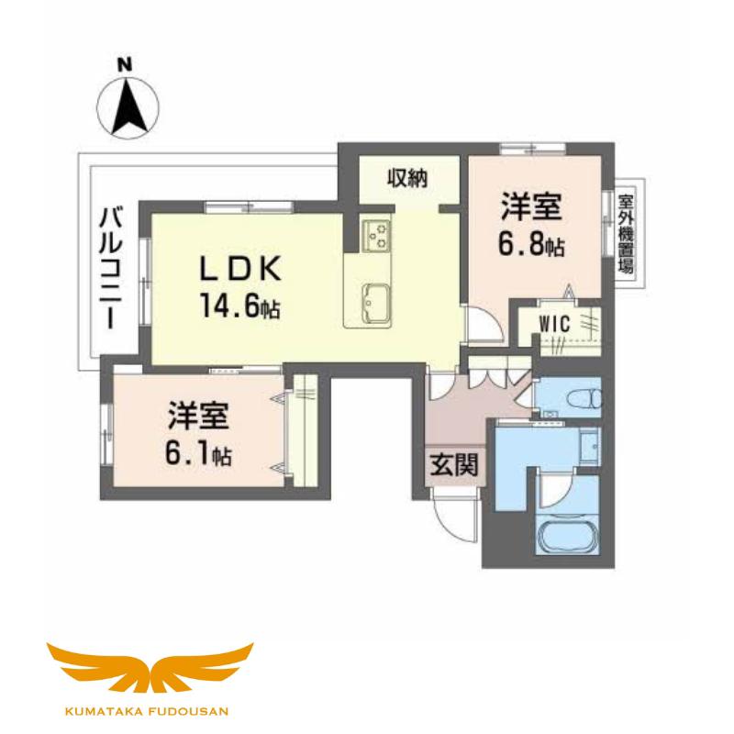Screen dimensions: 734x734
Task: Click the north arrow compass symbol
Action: coord(128,107)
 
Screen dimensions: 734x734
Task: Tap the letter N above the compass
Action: coord(125,64)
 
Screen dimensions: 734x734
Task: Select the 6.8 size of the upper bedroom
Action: coord(531,245)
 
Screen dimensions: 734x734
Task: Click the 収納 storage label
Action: coord(407,178)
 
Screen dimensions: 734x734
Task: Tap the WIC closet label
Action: coord(555,324)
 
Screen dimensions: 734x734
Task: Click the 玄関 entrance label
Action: coord(453,465)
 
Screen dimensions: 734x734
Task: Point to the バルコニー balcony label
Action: coord(111,268)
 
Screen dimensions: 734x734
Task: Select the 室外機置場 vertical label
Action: coord(627,234)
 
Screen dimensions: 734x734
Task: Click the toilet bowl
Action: coord(584,399)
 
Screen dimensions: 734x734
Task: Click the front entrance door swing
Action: coord(453,514)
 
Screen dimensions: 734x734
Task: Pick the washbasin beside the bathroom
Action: coord(589,448)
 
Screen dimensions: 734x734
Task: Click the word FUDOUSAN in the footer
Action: coord(190,712)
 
